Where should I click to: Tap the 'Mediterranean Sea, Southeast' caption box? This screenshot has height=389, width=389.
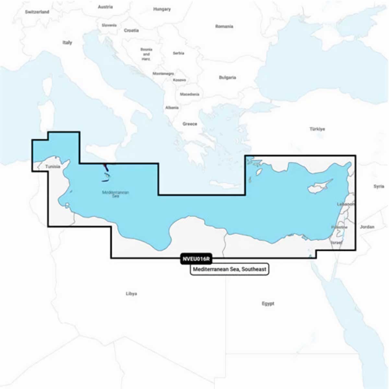click(x=230, y=269)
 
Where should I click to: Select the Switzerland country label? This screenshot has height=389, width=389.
click(x=37, y=12)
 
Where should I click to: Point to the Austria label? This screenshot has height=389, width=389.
click(x=105, y=7)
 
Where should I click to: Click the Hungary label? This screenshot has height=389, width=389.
click(x=162, y=9)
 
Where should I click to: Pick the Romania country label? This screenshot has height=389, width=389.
click(x=224, y=26)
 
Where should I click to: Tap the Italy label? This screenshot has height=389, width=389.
click(x=67, y=42)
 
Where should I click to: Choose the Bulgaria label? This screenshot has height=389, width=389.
click(x=227, y=77)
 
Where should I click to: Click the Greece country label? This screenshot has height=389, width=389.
click(x=190, y=124)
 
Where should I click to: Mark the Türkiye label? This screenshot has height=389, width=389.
click(x=317, y=129)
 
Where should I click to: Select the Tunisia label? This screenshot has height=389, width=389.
click(x=53, y=167)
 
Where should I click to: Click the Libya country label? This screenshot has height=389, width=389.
click(x=131, y=294)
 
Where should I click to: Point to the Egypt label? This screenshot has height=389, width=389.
click(x=268, y=304)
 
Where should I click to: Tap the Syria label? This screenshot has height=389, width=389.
click(x=379, y=186)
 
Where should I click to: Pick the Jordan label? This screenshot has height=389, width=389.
click(x=367, y=227)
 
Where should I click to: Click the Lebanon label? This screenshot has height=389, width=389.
click(x=346, y=204)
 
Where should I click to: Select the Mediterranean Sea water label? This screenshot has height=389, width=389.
click(x=115, y=194)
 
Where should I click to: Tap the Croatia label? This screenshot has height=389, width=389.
click(x=131, y=30)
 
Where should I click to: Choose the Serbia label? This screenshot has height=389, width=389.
click(x=179, y=53)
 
